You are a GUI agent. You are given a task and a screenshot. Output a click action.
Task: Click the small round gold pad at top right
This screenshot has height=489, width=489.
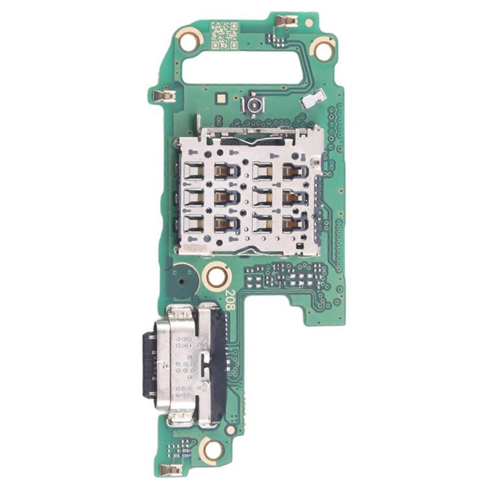pyautogui.click(x=309, y=22)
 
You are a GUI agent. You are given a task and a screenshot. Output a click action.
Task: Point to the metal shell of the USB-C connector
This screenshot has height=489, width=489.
pyautogui.click(x=183, y=361)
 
